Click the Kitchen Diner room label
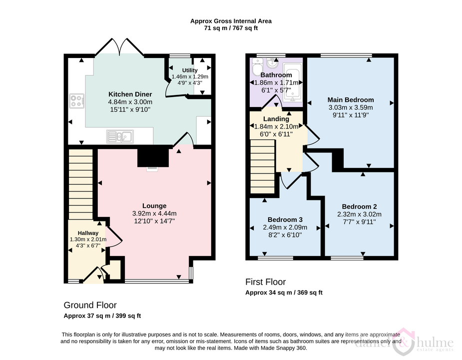coord(130,94)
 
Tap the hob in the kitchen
coord(77,100)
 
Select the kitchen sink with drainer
coord(120,136)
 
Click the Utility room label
coord(190,70)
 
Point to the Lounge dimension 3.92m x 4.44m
coord(154,213)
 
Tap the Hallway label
coord(88,233)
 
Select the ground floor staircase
coord(81,184)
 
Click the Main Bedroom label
coord(351,99)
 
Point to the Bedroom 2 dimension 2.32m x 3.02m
coord(360,214)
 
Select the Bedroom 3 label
coord(285,219)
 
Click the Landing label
coord(276,119)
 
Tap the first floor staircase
coord(263,166)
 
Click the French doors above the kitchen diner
coord(119,46)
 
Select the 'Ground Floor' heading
coord(90,305)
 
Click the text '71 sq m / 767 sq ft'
coord(231,28)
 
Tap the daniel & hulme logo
coord(404,342)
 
